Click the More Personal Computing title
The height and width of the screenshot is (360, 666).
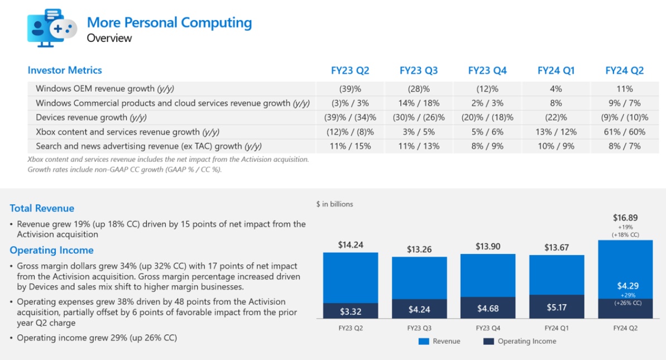pyautogui.click(x=169, y=23)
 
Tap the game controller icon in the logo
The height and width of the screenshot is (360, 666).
pyautogui.click(x=63, y=28)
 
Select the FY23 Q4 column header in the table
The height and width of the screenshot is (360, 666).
pyautogui.click(x=487, y=71)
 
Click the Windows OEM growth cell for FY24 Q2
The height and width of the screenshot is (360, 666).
pyautogui.click(x=625, y=89)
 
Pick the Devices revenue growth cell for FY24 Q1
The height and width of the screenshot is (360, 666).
pyautogui.click(x=555, y=117)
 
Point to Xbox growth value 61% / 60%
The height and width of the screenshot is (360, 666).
pyautogui.click(x=625, y=132)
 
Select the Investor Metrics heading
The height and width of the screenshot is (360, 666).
pyautogui.click(x=65, y=70)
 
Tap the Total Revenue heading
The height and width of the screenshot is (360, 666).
pyautogui.click(x=42, y=208)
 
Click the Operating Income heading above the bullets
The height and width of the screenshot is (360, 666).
pyautogui.click(x=51, y=250)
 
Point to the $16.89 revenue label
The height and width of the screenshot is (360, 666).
pyautogui.click(x=625, y=218)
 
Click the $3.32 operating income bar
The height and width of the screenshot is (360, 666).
pyautogui.click(x=350, y=310)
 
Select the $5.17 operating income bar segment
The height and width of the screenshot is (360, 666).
pyautogui.click(x=556, y=306)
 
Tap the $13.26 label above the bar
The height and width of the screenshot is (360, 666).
pyautogui.click(x=419, y=249)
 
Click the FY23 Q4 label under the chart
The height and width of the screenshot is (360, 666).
pyautogui.click(x=488, y=328)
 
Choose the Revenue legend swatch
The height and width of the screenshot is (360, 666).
pyautogui.click(x=424, y=341)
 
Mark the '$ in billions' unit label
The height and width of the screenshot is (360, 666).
pyautogui.click(x=334, y=204)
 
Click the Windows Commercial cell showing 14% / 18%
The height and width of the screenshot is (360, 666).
pyautogui.click(x=419, y=103)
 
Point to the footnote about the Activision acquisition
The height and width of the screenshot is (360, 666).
pyautogui.click(x=168, y=159)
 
